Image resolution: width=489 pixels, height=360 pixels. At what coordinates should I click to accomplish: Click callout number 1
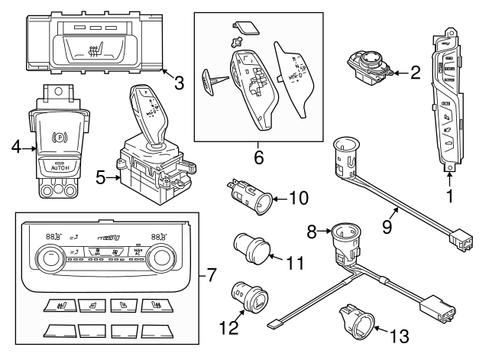point(449,196)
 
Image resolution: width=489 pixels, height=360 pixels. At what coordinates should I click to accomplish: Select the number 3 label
point(178,83)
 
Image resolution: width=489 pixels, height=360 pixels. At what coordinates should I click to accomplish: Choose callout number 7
point(212,273)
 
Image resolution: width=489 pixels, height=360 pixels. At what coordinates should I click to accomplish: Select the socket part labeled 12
point(248,298)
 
